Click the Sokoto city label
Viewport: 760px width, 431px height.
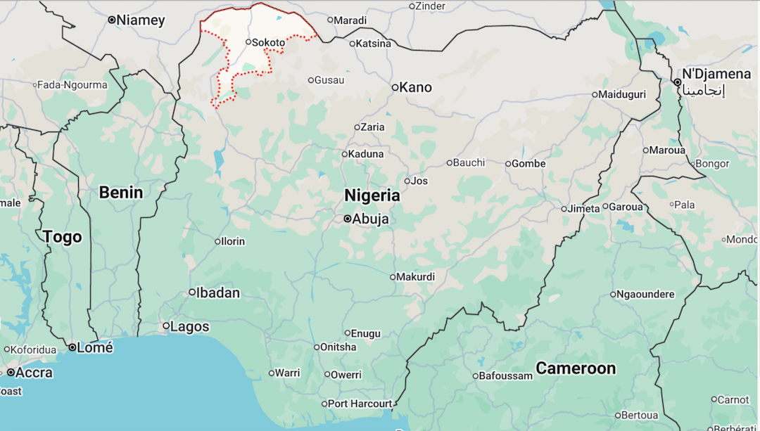[x=268, y=42]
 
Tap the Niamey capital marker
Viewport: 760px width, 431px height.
[x=111, y=20]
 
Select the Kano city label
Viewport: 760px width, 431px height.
[x=415, y=88]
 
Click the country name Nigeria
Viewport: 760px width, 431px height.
[x=372, y=195]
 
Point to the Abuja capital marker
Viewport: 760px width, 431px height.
[x=348, y=219]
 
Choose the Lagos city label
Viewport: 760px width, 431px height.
[x=190, y=326]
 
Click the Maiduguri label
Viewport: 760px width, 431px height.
[x=622, y=94]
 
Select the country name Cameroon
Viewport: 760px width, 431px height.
[x=576, y=368]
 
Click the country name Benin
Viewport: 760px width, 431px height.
[x=120, y=193]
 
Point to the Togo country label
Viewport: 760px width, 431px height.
[x=63, y=237]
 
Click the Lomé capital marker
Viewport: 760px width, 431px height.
[x=72, y=347]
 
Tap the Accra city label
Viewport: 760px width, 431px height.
[x=34, y=373]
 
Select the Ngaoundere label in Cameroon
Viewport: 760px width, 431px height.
[x=645, y=295]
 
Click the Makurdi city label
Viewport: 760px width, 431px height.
[x=414, y=277]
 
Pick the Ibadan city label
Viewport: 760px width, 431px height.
[x=217, y=292]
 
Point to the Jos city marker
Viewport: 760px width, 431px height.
[x=407, y=181]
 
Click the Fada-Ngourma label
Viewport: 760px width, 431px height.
[x=72, y=85]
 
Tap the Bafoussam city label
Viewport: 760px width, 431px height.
[x=506, y=376]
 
